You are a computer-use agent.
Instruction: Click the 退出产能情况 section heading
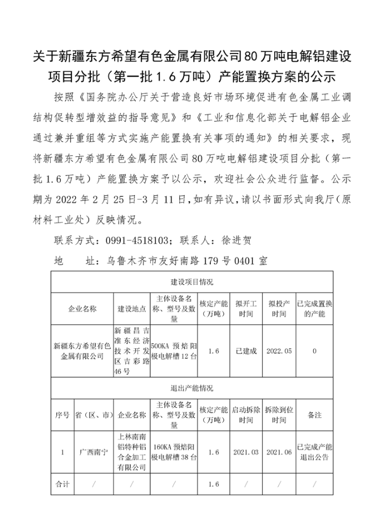(192, 389)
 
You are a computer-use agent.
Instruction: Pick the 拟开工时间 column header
(245, 309)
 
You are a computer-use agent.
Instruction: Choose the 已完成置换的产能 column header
(314, 309)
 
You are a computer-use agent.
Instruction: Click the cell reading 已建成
(245, 351)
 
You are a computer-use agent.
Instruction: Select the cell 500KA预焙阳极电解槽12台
(174, 351)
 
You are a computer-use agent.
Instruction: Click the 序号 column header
(62, 415)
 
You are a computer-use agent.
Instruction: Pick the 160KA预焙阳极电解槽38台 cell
(174, 453)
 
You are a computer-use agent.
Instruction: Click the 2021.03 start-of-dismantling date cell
(245, 453)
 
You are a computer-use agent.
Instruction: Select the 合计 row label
(62, 484)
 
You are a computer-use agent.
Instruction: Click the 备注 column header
(314, 415)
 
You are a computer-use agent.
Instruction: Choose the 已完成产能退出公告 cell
(314, 453)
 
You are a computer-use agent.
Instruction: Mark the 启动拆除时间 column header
(245, 415)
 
